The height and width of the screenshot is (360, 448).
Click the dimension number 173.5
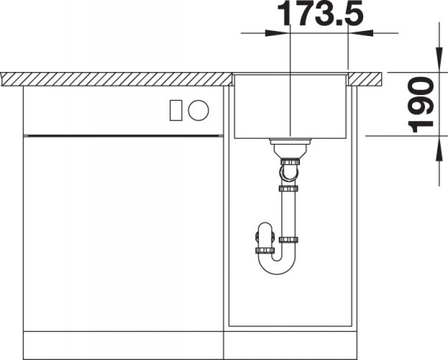coord(320,13)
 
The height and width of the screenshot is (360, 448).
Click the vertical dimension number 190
coord(420,105)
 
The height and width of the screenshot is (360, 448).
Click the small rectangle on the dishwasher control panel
coord(176,110)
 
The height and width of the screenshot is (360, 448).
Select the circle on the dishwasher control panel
coord(198,110)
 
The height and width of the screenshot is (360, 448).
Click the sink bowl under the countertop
coord(290,106)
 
